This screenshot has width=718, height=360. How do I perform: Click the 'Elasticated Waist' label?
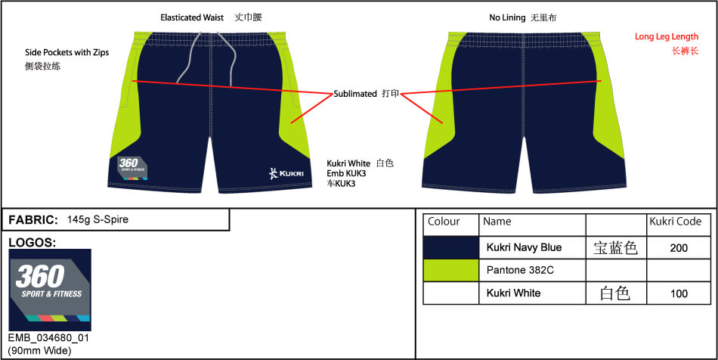192,18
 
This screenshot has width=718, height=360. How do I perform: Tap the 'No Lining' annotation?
507,18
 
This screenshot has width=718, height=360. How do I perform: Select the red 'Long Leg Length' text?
667,36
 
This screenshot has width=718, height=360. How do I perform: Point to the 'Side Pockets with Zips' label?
67,53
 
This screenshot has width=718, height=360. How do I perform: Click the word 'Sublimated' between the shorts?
355,94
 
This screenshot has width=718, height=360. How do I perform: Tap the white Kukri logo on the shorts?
286,174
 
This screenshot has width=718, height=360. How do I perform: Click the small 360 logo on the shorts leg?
128,167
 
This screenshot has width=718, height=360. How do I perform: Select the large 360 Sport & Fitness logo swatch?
50,290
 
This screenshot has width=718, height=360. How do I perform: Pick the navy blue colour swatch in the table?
451,247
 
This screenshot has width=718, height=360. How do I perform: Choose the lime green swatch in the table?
451,270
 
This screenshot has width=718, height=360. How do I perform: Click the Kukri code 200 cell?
679,248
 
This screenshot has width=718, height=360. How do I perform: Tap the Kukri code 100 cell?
679,293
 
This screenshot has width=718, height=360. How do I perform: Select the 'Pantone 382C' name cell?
520,270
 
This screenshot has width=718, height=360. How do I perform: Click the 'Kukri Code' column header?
676,222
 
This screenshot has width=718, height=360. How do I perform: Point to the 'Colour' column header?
444,222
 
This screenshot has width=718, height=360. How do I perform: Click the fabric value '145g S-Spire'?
97,219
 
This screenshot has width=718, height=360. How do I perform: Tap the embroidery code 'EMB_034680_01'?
48,339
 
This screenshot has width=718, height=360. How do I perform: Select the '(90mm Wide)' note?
39,351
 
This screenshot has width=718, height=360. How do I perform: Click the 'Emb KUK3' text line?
346,174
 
